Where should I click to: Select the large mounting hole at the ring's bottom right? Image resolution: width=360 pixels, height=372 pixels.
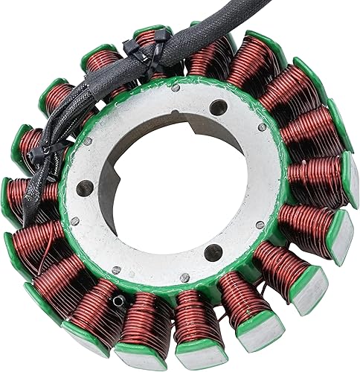[x=213, y=251]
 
